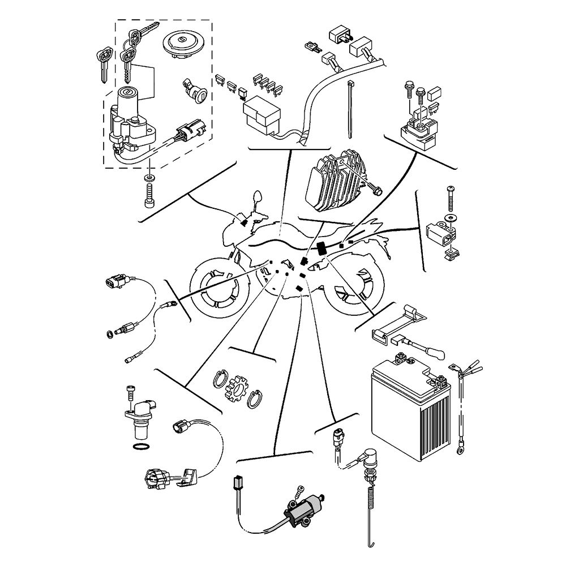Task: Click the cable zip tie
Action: (350, 108)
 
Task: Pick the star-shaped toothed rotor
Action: (234, 389)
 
